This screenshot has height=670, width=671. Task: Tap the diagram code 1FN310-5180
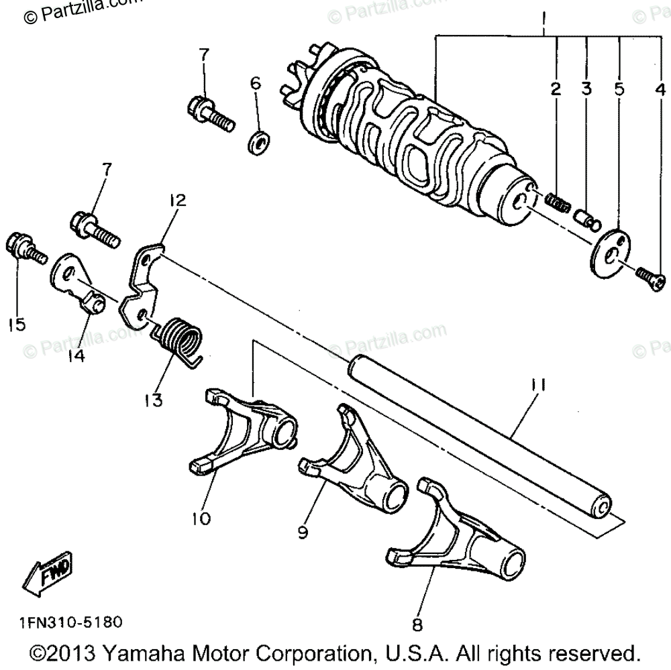point(66,622)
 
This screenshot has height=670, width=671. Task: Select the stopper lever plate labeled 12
point(143,284)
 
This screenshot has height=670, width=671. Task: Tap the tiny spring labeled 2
point(556,201)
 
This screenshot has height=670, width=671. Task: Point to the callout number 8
point(417,626)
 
